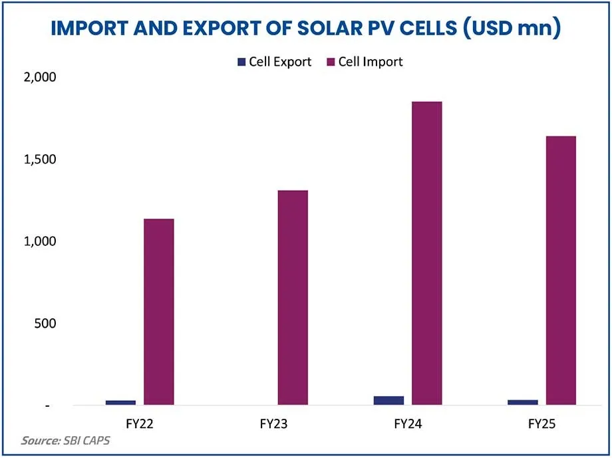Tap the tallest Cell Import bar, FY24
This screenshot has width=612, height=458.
coord(427,253)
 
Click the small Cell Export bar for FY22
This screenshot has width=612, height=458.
coord(120,402)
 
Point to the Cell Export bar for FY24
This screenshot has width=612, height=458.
coord(388,400)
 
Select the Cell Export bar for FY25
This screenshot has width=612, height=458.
coord(522,402)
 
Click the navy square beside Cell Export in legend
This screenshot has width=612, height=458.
coord(241,62)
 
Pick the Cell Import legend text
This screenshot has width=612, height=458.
coord(371,62)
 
